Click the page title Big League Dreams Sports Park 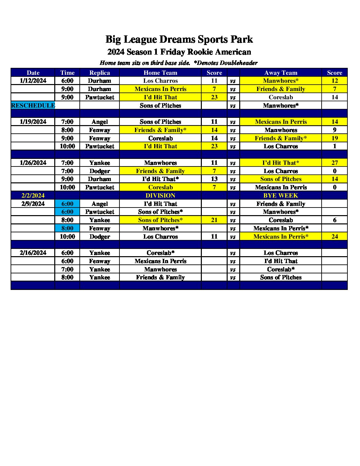pyautogui.click(x=179, y=39)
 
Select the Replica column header pyautogui.click(x=100, y=73)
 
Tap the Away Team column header pyautogui.click(x=281, y=73)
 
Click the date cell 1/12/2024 pyautogui.click(x=33, y=81)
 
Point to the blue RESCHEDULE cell pyautogui.click(x=33, y=106)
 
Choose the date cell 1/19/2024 pyautogui.click(x=33, y=122)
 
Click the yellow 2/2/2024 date pyautogui.click(x=33, y=196)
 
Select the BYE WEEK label pyautogui.click(x=281, y=196)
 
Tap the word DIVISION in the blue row pyautogui.click(x=160, y=196)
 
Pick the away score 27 pyautogui.click(x=335, y=163)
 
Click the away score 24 pyautogui.click(x=335, y=237)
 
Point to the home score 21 pyautogui.click(x=214, y=220)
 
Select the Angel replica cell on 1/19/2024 pyautogui.click(x=100, y=122)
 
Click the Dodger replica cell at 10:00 pyautogui.click(x=100, y=237)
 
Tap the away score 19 pyautogui.click(x=335, y=138)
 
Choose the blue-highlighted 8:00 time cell pyautogui.click(x=67, y=228)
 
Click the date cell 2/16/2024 pyautogui.click(x=33, y=253)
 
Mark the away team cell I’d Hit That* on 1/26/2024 pyautogui.click(x=281, y=163)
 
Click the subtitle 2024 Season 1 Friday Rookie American pyautogui.click(x=179, y=52)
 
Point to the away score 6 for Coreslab pyautogui.click(x=335, y=220)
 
